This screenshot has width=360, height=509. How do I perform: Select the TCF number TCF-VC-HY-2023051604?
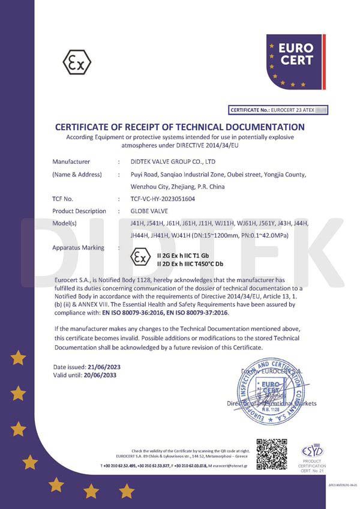163,199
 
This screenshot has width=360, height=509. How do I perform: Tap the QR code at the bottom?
271,454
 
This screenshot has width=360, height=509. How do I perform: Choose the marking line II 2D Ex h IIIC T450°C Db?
190,264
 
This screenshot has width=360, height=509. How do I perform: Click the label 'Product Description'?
79,211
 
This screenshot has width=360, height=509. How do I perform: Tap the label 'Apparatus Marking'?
78,247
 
